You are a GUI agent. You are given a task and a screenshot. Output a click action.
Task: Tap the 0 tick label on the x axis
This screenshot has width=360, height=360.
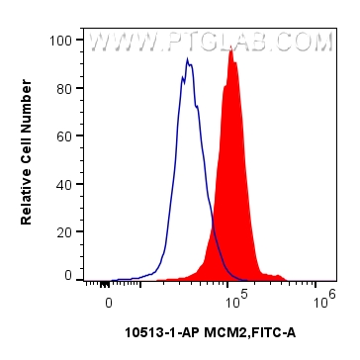tap(109, 300)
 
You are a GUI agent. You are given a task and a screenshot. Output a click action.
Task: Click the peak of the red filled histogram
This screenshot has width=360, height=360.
tap(230, 49)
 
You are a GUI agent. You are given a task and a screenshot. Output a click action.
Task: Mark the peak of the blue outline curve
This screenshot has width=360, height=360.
tap(186, 60)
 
